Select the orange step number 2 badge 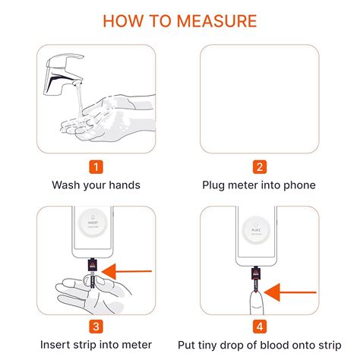click(259, 167)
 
